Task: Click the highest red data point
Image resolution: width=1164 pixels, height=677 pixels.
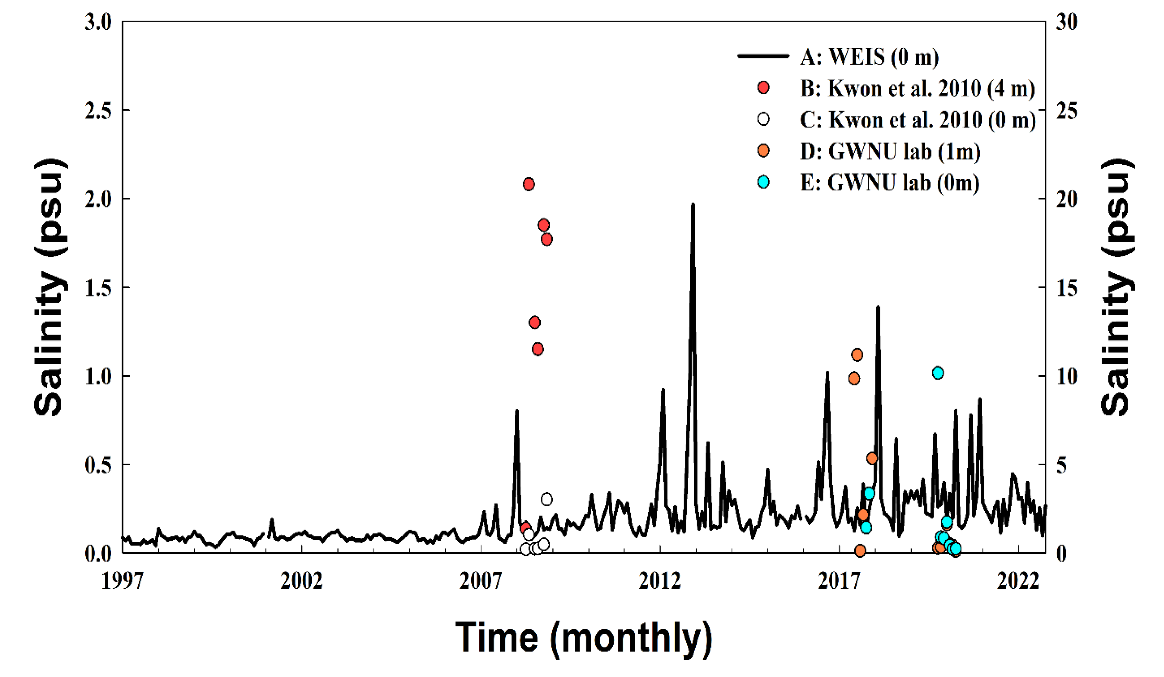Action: point(528,184)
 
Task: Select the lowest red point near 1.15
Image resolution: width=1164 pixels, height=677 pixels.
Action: point(537,349)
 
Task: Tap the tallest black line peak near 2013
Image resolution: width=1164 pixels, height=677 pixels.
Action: point(693,205)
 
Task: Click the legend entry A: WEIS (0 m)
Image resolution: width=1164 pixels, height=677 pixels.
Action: point(868,56)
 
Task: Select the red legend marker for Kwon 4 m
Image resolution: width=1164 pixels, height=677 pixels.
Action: point(764,87)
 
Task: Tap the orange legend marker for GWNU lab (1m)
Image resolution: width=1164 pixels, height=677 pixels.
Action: point(764,150)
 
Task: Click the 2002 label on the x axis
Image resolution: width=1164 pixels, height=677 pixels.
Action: point(301,581)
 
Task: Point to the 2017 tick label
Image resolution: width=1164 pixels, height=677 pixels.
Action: point(839,581)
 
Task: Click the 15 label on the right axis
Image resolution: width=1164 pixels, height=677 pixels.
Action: point(1066,288)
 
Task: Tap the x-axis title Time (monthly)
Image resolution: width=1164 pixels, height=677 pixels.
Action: point(583,638)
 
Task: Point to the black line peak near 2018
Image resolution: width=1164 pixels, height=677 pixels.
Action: point(878,307)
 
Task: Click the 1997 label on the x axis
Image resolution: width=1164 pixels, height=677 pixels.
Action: point(122,581)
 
